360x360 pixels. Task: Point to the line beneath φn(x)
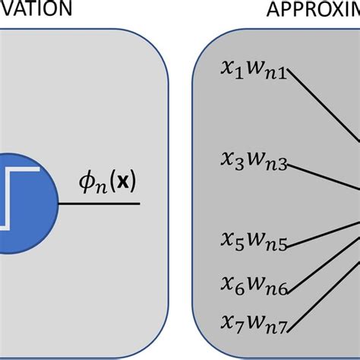pyautogui.click(x=99, y=204)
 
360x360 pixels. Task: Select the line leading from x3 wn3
pyautogui.click(x=323, y=180)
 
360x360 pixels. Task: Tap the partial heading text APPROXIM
pyautogui.click(x=311, y=9)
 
